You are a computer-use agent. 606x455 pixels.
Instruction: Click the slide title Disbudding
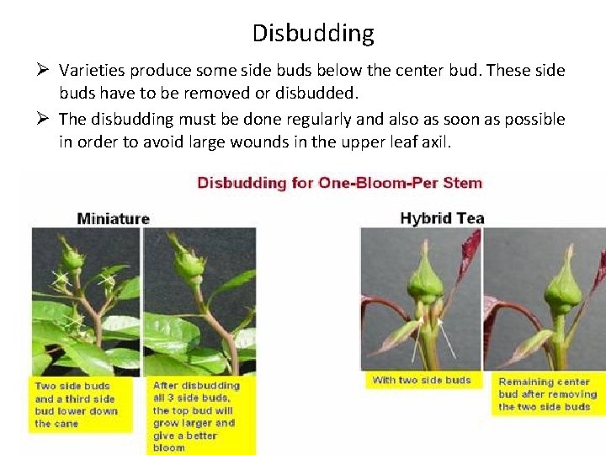click(312, 34)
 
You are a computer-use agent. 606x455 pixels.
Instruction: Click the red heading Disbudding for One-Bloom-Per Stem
click(339, 182)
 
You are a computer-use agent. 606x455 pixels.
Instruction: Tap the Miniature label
click(113, 218)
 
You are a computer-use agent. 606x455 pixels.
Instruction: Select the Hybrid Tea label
click(442, 218)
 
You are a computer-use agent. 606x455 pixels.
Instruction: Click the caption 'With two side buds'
click(422, 380)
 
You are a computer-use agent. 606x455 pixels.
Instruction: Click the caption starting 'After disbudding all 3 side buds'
click(196, 416)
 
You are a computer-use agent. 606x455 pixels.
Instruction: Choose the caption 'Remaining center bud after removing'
click(547, 393)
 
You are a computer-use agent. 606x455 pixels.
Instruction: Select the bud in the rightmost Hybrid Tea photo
click(563, 286)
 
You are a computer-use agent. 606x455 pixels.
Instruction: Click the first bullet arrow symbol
click(46, 71)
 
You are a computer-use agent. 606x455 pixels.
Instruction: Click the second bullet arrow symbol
click(46, 120)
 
